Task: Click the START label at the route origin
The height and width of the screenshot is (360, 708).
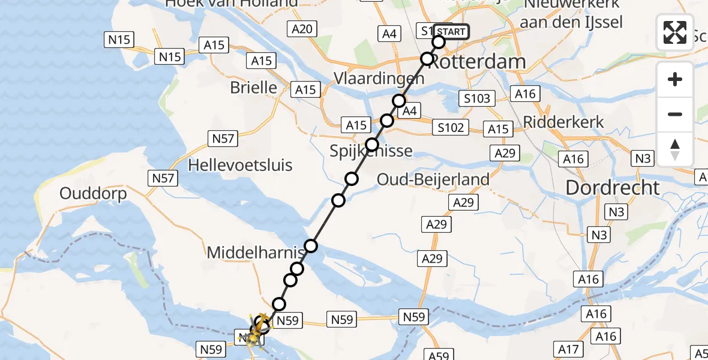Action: (450, 32)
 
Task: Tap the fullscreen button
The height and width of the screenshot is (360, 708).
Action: (675, 32)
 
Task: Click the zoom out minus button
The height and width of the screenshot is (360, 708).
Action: (675, 114)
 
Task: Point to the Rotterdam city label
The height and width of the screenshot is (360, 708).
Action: (478, 61)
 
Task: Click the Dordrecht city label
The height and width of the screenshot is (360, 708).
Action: (613, 188)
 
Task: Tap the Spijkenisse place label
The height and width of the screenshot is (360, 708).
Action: (371, 151)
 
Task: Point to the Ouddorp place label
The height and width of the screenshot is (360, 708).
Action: (93, 194)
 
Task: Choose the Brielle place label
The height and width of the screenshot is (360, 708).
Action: (254, 88)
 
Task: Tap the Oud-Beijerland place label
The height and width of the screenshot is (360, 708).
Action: (433, 179)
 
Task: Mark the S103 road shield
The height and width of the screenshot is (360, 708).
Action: (477, 98)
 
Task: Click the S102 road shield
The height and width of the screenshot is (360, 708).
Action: (451, 127)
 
